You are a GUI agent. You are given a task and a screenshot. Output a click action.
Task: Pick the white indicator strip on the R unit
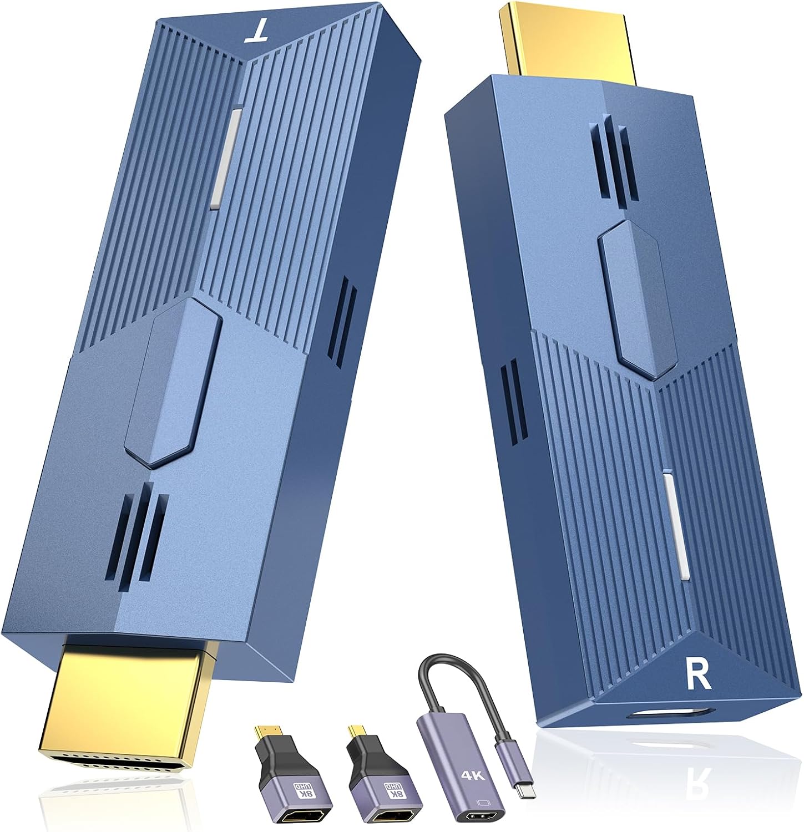[x=675, y=527]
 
